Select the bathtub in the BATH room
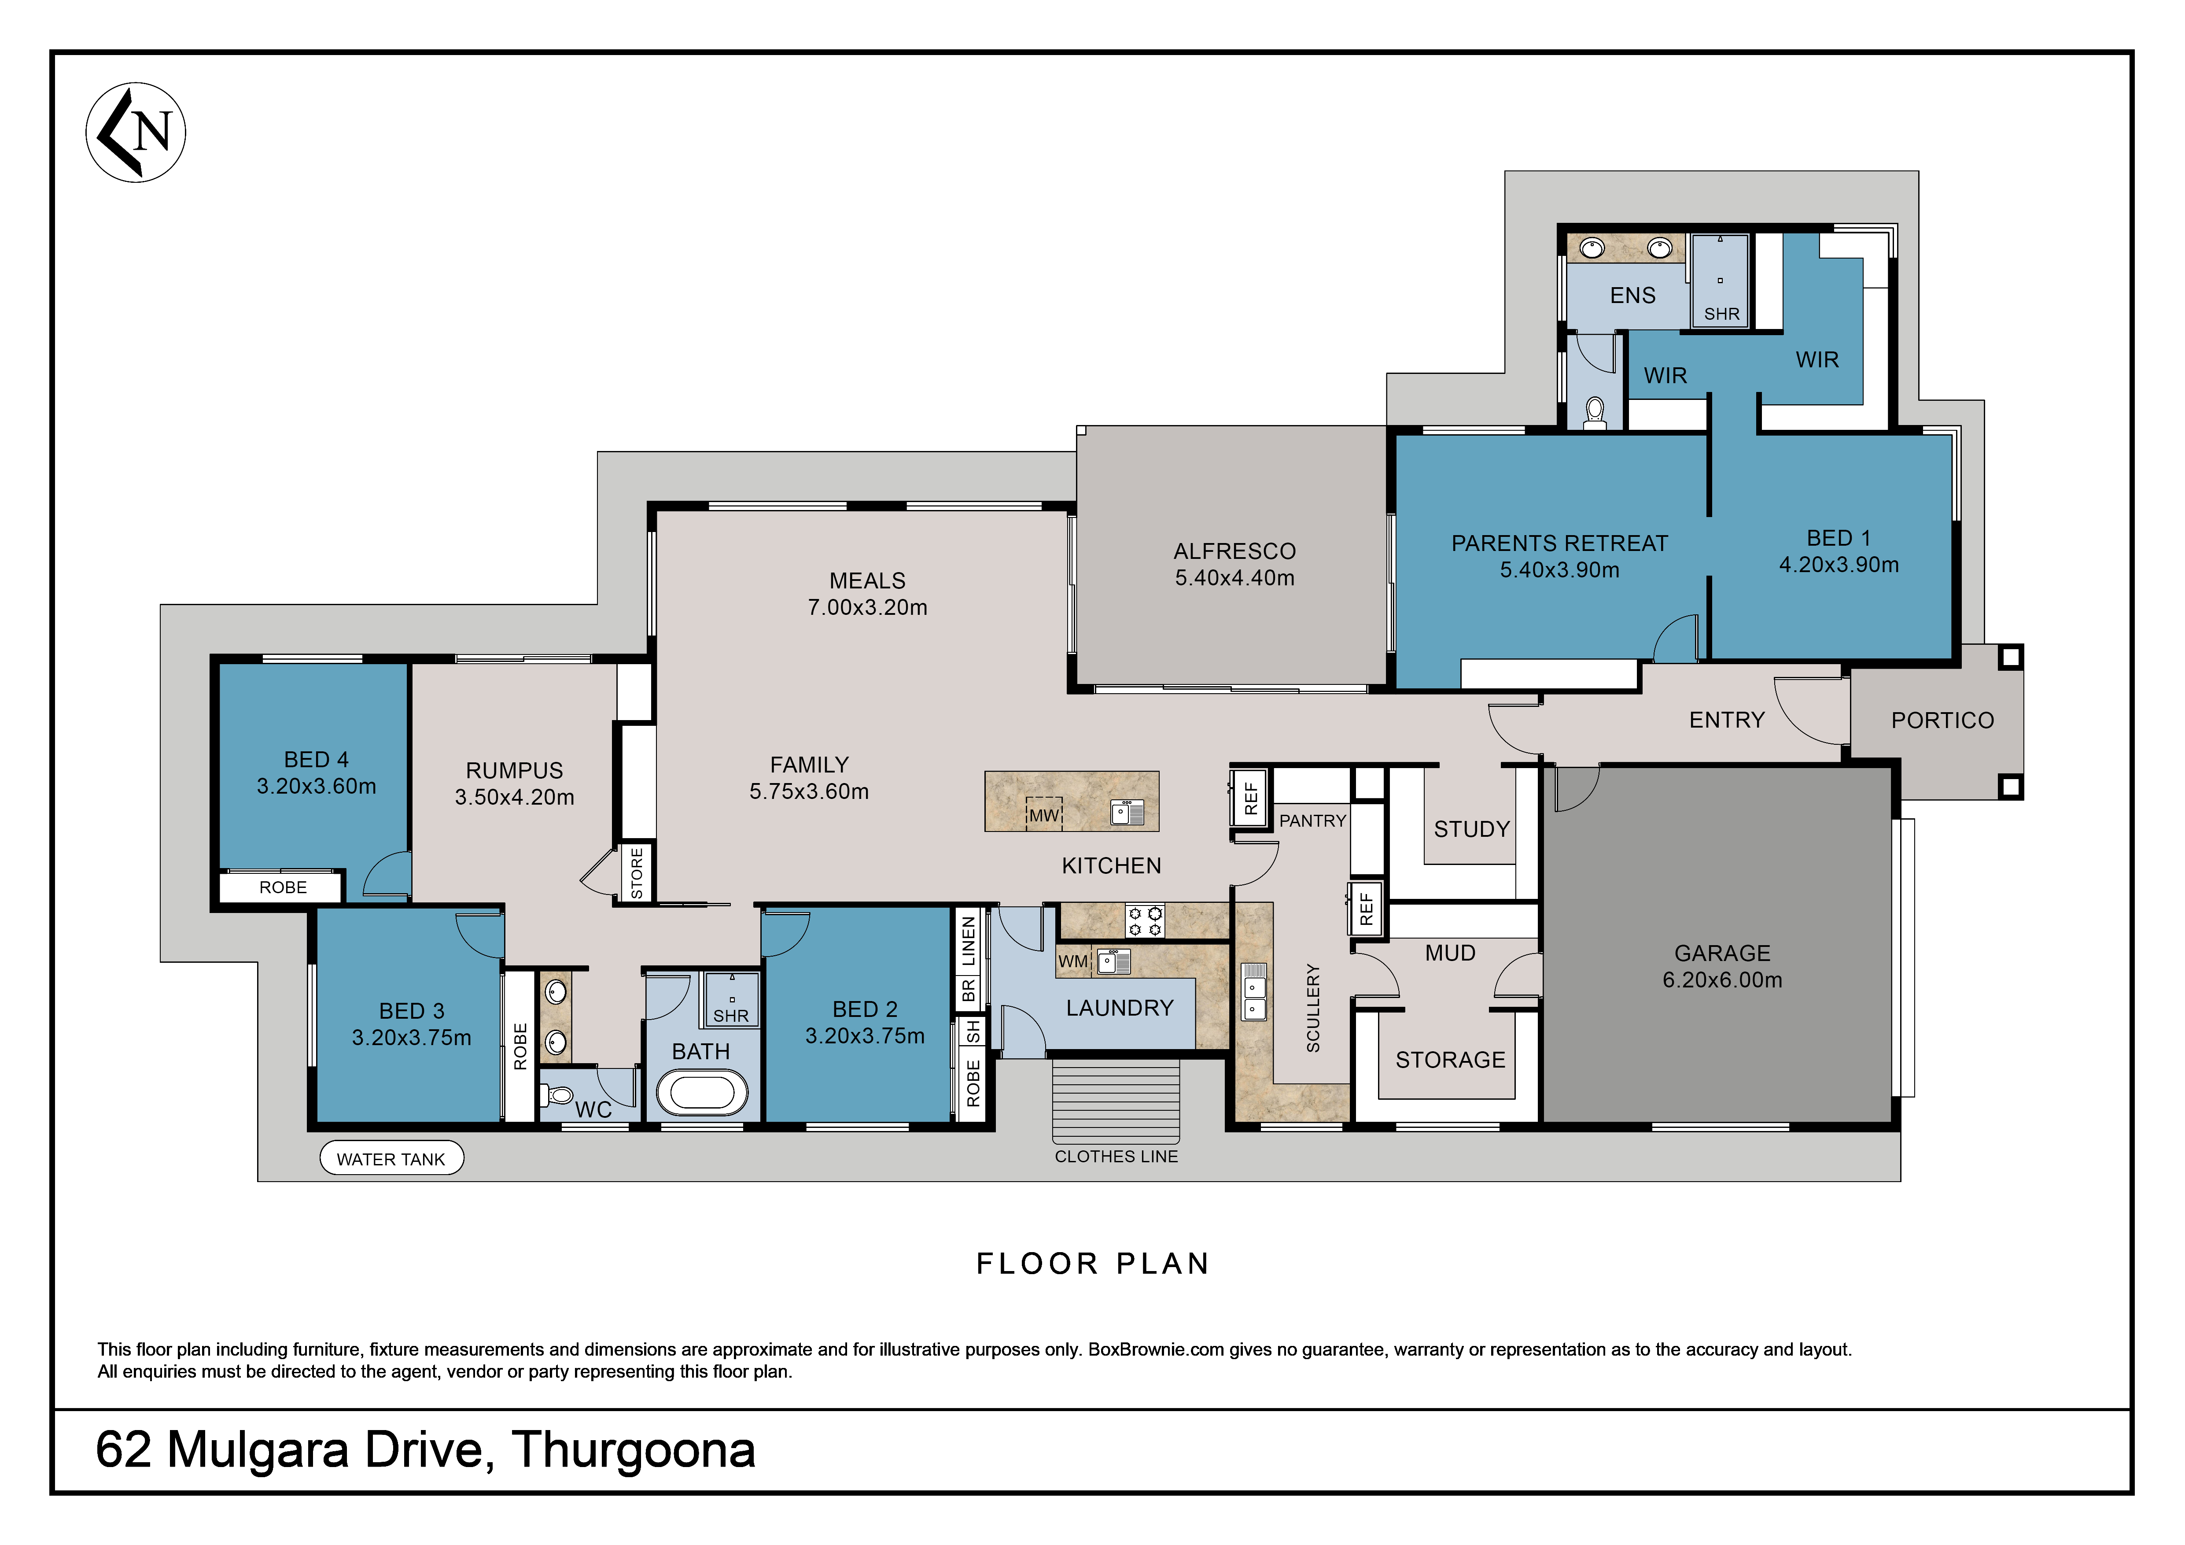(x=702, y=1093)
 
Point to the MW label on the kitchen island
(x=1044, y=815)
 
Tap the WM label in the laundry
(x=1072, y=961)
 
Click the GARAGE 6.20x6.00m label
(x=1722, y=966)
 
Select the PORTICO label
(x=1942, y=721)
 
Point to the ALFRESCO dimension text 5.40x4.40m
(x=1234, y=578)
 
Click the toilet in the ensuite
(x=1595, y=412)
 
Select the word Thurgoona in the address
(x=634, y=1450)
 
